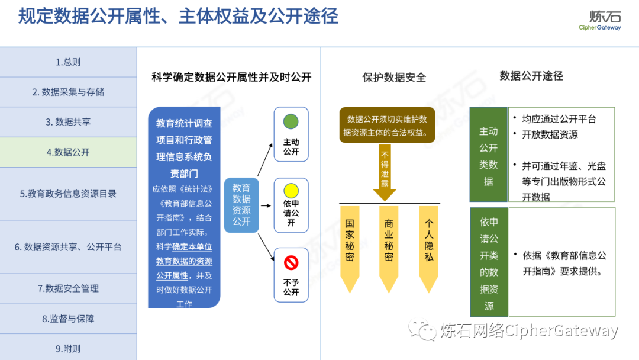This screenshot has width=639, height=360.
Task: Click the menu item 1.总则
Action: coord(68,62)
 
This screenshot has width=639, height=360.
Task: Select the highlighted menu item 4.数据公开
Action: coord(68,152)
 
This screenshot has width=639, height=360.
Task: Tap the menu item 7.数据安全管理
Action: coord(68,288)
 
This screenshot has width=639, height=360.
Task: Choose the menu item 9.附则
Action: coord(68,349)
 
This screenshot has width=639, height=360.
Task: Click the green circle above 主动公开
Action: coord(291,122)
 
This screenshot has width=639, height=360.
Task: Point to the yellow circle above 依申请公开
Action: coord(291,191)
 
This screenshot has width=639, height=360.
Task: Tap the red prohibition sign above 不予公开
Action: coord(291,262)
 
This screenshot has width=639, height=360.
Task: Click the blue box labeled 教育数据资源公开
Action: coord(241,204)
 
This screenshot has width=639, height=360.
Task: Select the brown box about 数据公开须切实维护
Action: coord(387,126)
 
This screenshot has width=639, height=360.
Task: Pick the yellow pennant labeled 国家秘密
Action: coord(350,246)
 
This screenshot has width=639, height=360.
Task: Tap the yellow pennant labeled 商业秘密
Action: coord(389,246)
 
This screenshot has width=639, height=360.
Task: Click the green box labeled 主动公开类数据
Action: coord(488,155)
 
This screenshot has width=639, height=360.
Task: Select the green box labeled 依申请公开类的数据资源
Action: coord(489,262)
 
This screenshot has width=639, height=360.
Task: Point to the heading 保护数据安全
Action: coord(393,78)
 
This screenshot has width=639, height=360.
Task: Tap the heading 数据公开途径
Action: coord(531,76)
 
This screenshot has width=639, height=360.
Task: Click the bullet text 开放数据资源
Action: coord(550,134)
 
